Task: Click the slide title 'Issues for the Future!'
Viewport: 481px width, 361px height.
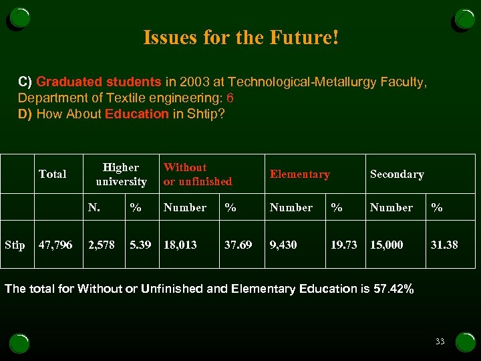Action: [240, 37]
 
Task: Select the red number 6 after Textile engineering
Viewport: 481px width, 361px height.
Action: [230, 98]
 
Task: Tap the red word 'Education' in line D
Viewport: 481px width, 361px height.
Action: [137, 114]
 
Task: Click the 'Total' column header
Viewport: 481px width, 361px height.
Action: [52, 174]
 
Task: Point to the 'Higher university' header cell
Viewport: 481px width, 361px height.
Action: [121, 174]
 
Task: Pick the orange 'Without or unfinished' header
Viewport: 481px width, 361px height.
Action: [198, 174]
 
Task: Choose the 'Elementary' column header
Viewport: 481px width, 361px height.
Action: [299, 174]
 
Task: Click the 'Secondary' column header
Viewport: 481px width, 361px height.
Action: [397, 174]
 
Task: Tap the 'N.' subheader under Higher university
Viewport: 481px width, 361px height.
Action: [96, 208]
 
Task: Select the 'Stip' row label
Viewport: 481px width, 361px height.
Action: [15, 245]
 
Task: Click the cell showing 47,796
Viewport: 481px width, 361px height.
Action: [55, 245]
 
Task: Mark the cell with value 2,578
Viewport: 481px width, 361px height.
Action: [102, 245]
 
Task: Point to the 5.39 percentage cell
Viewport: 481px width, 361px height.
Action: [140, 245]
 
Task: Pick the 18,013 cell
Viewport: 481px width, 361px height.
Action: [180, 245]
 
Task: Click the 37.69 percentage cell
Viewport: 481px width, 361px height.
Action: [238, 245]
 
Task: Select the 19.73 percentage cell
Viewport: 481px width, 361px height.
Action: [344, 245]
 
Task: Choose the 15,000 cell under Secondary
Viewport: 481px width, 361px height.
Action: [387, 245]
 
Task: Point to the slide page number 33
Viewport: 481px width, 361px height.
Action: [440, 342]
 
